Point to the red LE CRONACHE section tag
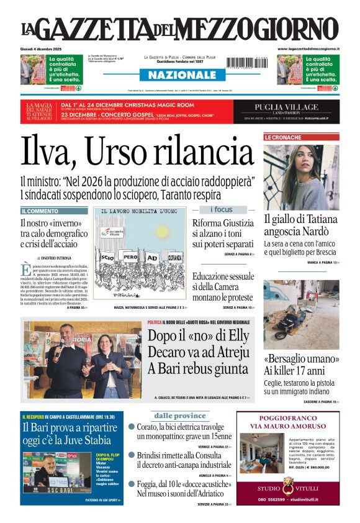tap(284, 137)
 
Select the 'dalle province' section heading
tap(179, 416)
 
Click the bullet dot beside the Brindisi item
tap(132, 455)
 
